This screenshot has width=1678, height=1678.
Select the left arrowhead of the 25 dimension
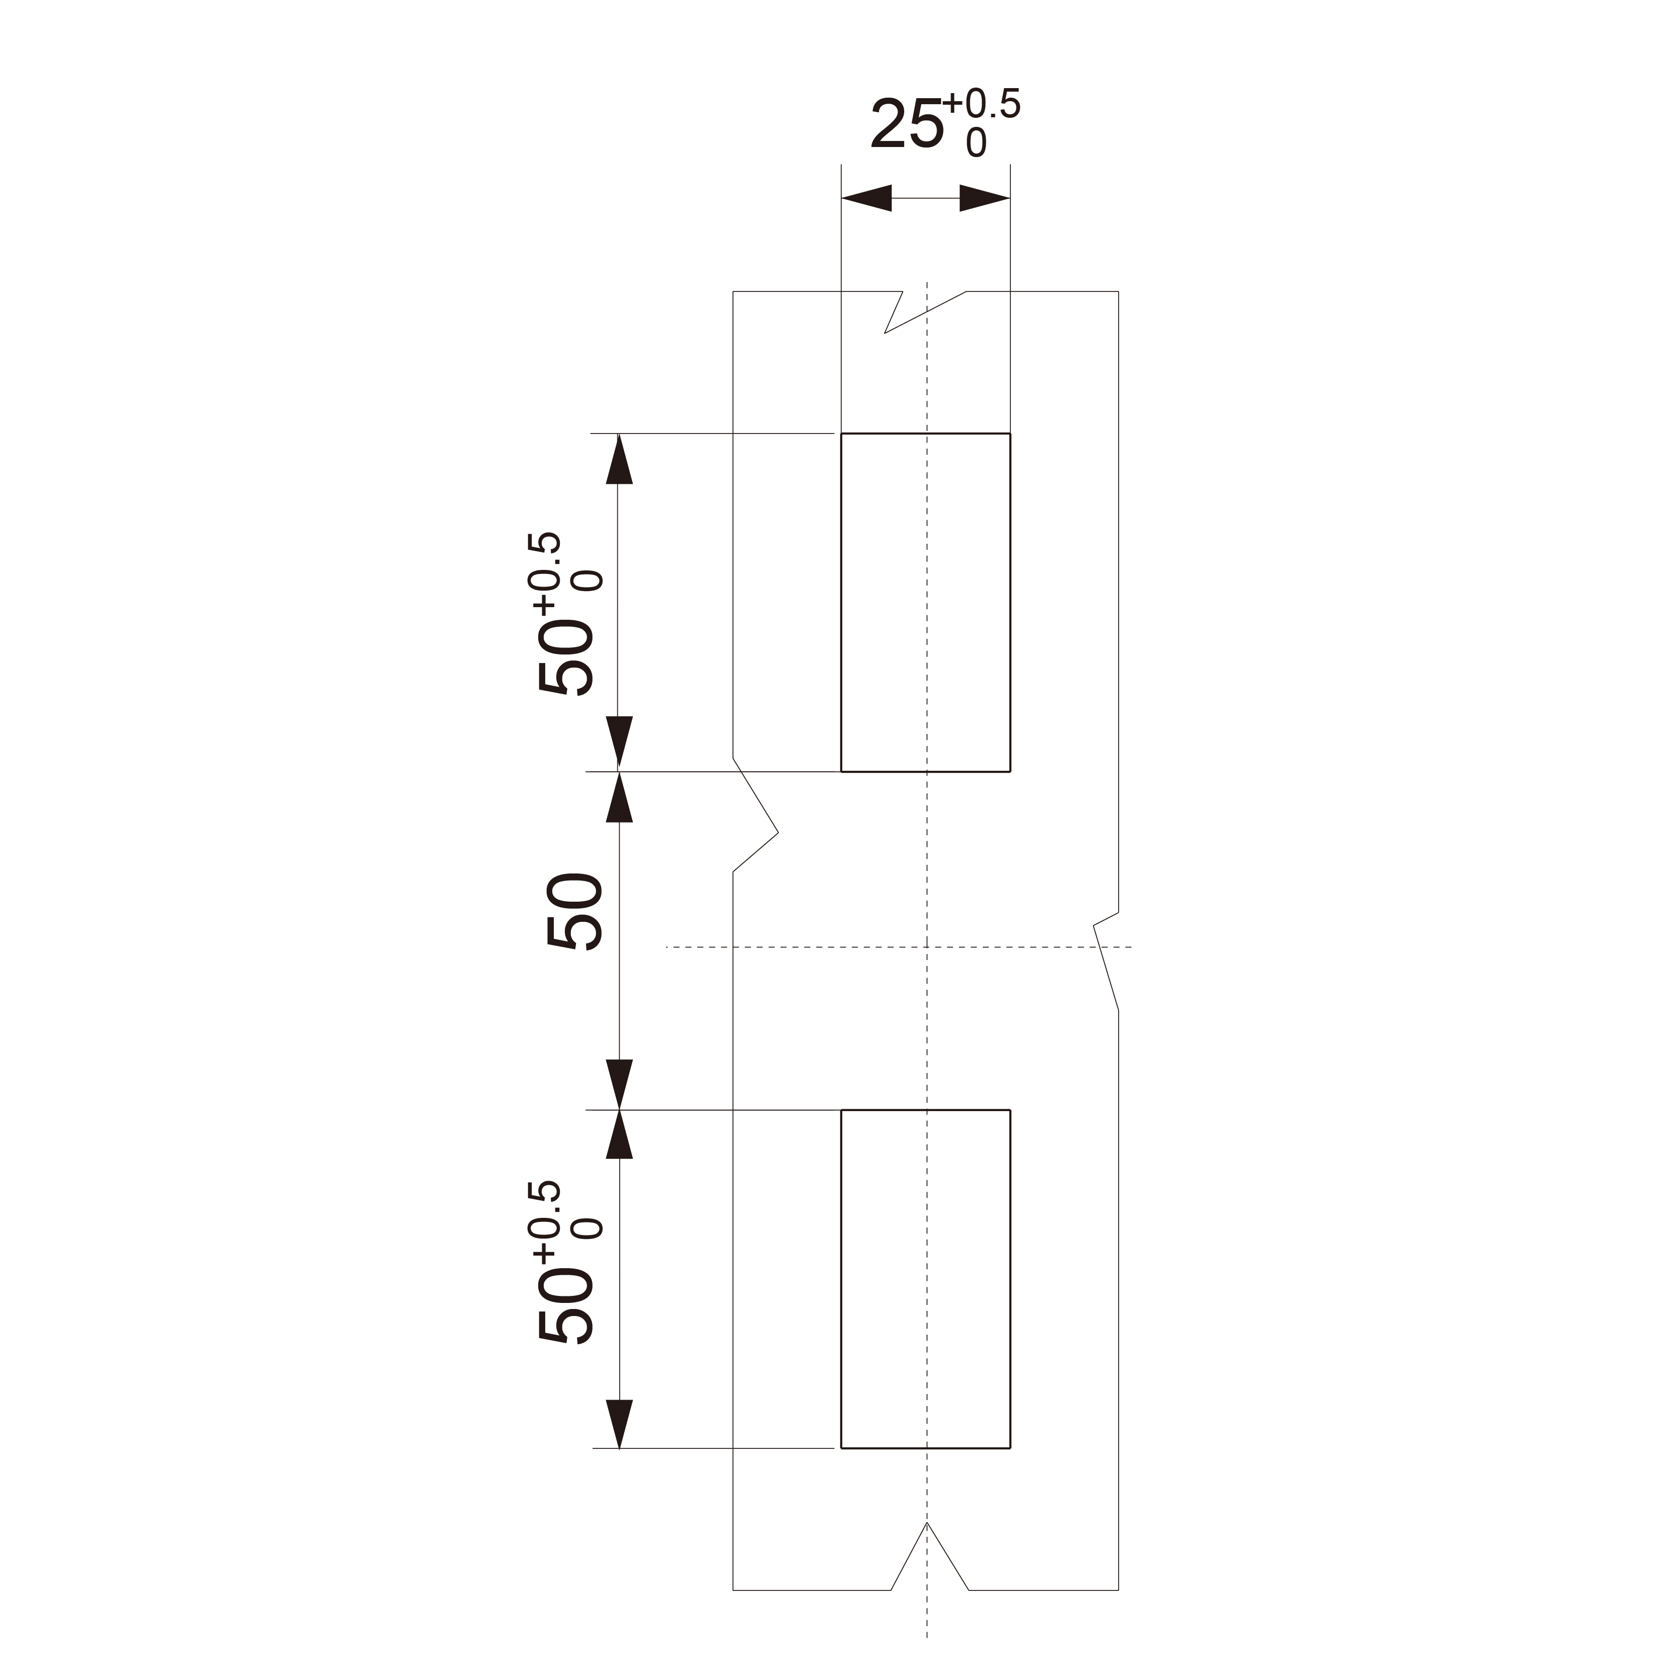(867, 198)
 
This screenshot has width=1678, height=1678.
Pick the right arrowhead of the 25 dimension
(985, 198)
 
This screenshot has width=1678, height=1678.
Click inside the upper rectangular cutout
(926, 602)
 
